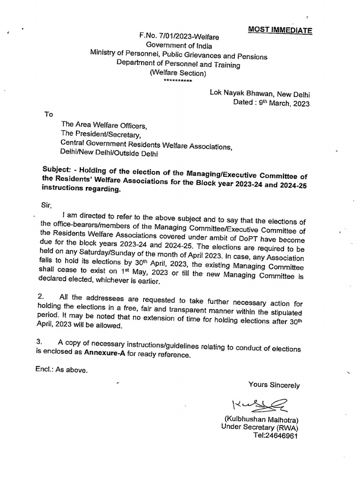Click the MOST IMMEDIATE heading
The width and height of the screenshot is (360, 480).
click(280, 30)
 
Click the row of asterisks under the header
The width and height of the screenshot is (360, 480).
click(178, 81)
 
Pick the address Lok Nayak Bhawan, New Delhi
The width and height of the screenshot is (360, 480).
click(260, 94)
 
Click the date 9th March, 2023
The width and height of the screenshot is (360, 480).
click(271, 104)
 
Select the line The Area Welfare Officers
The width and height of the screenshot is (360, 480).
click(104, 126)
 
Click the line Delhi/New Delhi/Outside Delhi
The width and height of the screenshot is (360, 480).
click(109, 153)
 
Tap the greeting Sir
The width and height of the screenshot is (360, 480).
click(47, 205)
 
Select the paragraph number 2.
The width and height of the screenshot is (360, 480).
click(39, 296)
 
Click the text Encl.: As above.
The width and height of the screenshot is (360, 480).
click(61, 369)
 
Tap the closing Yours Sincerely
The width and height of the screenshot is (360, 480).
click(274, 385)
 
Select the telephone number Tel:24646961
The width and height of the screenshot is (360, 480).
click(275, 435)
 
